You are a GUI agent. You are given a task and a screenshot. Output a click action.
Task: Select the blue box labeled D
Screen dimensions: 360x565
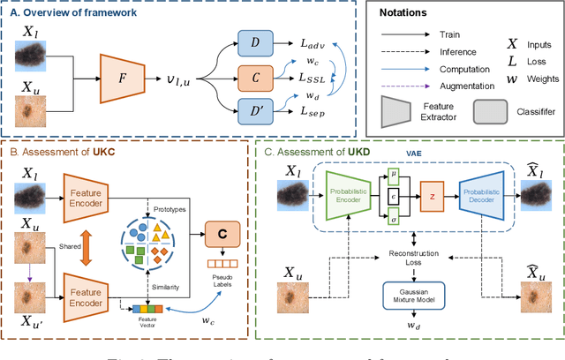click(x=254, y=42)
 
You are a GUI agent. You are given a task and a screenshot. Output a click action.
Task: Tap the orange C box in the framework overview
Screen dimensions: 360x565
click(x=254, y=79)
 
